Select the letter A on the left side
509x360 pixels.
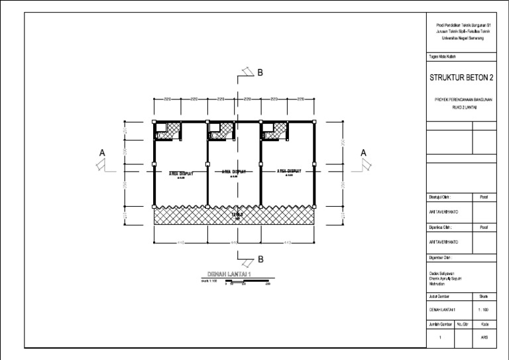click(102, 153)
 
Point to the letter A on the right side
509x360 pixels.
click(363, 153)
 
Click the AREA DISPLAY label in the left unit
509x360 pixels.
click(181, 174)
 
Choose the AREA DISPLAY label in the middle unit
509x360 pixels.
click(234, 172)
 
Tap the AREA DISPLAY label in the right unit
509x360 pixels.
click(288, 171)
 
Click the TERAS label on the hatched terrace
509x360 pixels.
click(237, 215)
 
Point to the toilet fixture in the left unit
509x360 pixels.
click(159, 135)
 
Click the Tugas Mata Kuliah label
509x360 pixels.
click(442, 57)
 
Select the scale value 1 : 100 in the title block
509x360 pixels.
click(484, 310)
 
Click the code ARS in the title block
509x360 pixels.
click(484, 337)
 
